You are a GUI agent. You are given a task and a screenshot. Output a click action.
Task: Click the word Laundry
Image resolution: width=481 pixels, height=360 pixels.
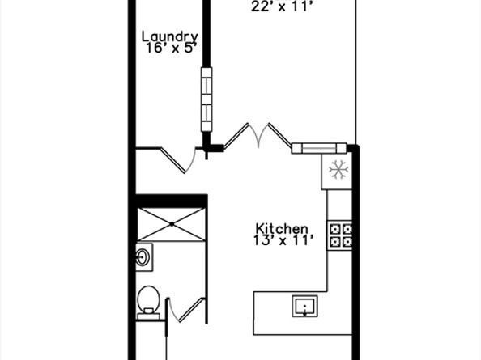170,36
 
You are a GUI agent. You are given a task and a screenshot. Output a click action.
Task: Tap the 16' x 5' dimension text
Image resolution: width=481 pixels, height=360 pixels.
170,49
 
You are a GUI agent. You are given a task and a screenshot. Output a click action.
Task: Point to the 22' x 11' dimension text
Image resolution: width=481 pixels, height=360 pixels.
281,7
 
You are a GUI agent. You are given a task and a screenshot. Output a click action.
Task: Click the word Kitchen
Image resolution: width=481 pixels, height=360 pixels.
282,229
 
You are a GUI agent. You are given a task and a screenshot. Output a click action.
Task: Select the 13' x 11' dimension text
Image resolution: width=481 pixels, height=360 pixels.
282,241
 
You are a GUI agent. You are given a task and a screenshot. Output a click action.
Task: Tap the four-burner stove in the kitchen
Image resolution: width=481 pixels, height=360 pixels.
339,235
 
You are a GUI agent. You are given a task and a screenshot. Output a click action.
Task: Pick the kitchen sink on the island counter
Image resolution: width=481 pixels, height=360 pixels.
304,307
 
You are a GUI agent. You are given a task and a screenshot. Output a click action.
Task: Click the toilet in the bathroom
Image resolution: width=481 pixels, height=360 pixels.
147,301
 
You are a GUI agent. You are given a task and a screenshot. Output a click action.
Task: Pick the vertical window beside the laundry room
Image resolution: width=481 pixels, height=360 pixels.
207,99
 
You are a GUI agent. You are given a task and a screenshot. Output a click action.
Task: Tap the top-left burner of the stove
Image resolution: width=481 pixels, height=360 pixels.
334,228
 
